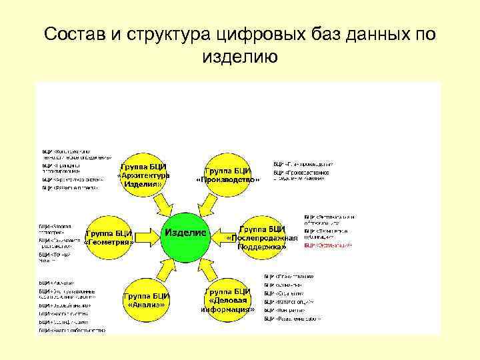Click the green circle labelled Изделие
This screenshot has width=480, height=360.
click(187, 234)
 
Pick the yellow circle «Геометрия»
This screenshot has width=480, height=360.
click(110, 237)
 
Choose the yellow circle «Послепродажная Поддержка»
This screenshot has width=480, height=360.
click(261, 237)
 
